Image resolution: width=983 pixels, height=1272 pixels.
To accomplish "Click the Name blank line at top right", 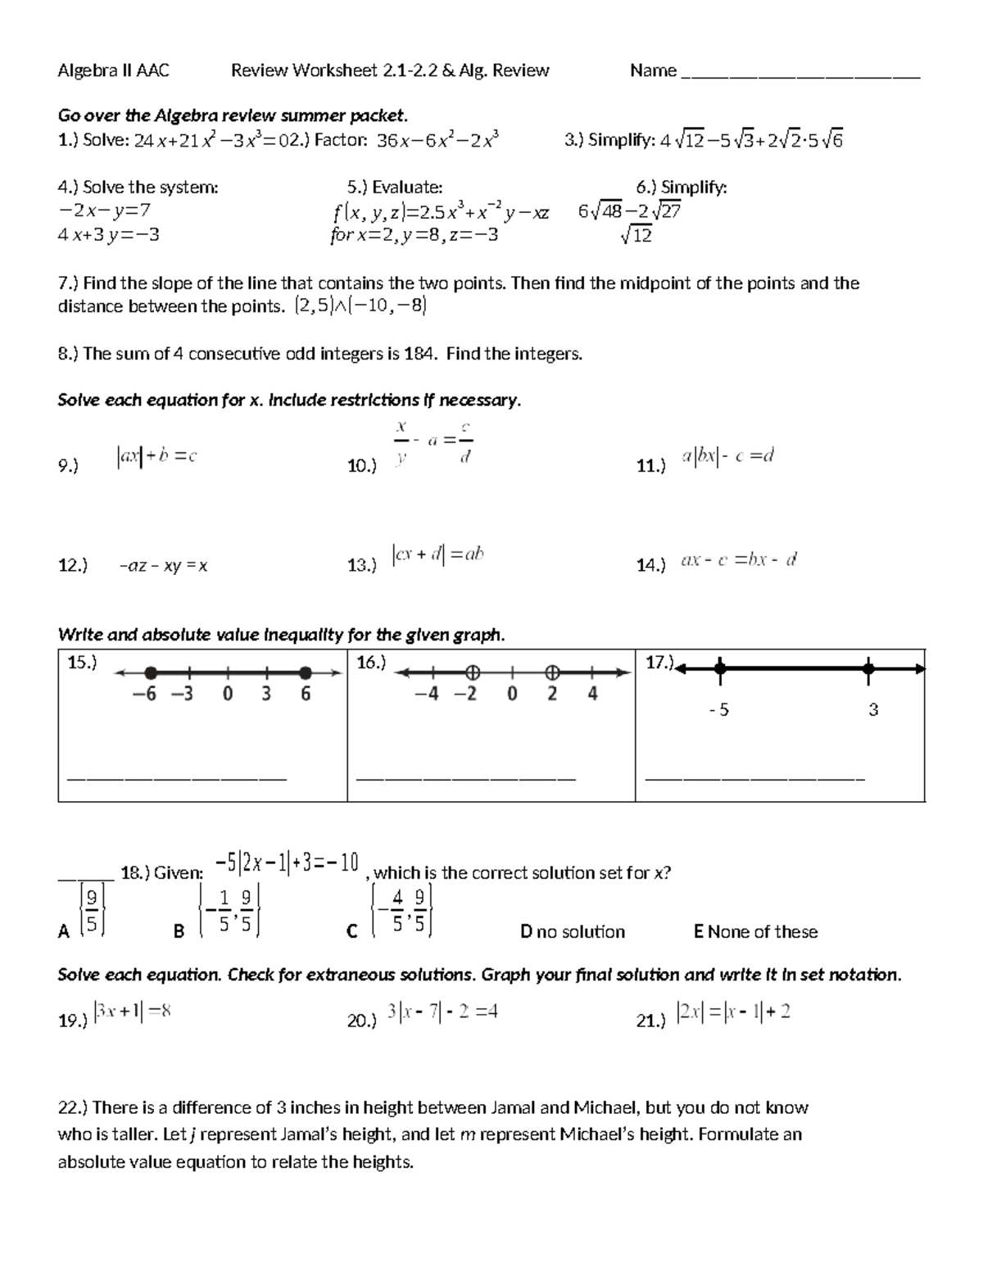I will pos(800,75).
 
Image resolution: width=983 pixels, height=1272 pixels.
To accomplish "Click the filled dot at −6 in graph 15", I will pos(151,673).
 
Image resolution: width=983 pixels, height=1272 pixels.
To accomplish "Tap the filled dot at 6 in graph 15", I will pos(305,673).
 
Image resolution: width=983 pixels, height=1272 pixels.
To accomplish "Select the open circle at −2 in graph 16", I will pos(472,673).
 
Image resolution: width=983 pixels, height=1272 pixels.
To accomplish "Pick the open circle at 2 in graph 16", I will pos(552,673).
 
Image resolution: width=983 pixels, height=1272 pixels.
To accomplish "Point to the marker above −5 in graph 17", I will pos(719,669).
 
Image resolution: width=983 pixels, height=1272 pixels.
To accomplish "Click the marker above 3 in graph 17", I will pos(868,669).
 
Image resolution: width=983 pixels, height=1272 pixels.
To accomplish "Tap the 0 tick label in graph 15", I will pos(228,695).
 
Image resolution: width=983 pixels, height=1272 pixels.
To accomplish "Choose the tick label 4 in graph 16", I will pos(592,695).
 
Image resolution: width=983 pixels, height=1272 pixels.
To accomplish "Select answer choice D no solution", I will pos(572,932).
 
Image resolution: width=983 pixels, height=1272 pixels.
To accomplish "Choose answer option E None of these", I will pos(754,932).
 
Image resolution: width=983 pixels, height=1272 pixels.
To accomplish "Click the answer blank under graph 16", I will pos(466,776).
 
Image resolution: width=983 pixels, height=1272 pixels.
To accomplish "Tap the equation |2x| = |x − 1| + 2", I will pos(733,1012).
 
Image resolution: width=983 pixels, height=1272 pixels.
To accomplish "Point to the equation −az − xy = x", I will pos(163,566).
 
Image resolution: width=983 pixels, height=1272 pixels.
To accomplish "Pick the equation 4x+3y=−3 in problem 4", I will pos(108,235).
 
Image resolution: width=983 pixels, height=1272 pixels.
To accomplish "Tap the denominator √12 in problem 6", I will pos(636,236).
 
